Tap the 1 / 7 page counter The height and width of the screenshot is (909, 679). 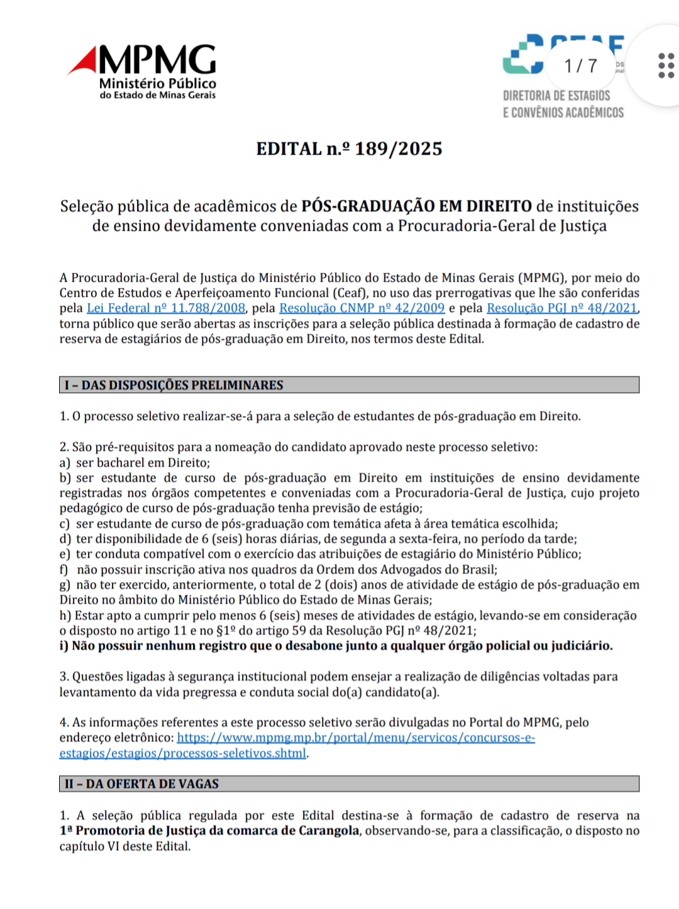pyautogui.click(x=580, y=65)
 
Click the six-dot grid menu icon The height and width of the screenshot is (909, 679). pyautogui.click(x=666, y=65)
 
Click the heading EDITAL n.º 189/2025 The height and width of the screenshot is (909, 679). pyautogui.click(x=349, y=149)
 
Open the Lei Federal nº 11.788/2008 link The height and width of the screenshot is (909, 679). pyautogui.click(x=166, y=308)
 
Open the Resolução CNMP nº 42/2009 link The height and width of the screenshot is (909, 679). pyautogui.click(x=362, y=308)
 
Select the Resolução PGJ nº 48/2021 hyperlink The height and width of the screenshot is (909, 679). pyautogui.click(x=562, y=308)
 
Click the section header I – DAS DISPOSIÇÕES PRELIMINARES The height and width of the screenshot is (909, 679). pyautogui.click(x=174, y=385)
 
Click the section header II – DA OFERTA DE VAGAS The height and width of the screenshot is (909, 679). pyautogui.click(x=141, y=784)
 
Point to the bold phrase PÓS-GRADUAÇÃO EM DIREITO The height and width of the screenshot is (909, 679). pyautogui.click(x=416, y=206)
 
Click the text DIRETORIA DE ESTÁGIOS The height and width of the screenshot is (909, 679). pyautogui.click(x=556, y=96)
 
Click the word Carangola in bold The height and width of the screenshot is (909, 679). pyautogui.click(x=329, y=831)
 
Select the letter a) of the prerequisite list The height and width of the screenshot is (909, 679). pyautogui.click(x=65, y=463)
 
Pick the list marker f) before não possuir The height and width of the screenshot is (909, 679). pyautogui.click(x=64, y=570)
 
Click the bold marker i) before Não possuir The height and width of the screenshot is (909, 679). pyautogui.click(x=64, y=646)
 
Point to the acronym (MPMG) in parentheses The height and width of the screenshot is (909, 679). pyautogui.click(x=541, y=278)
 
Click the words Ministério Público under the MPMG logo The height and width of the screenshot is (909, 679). pyautogui.click(x=158, y=84)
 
